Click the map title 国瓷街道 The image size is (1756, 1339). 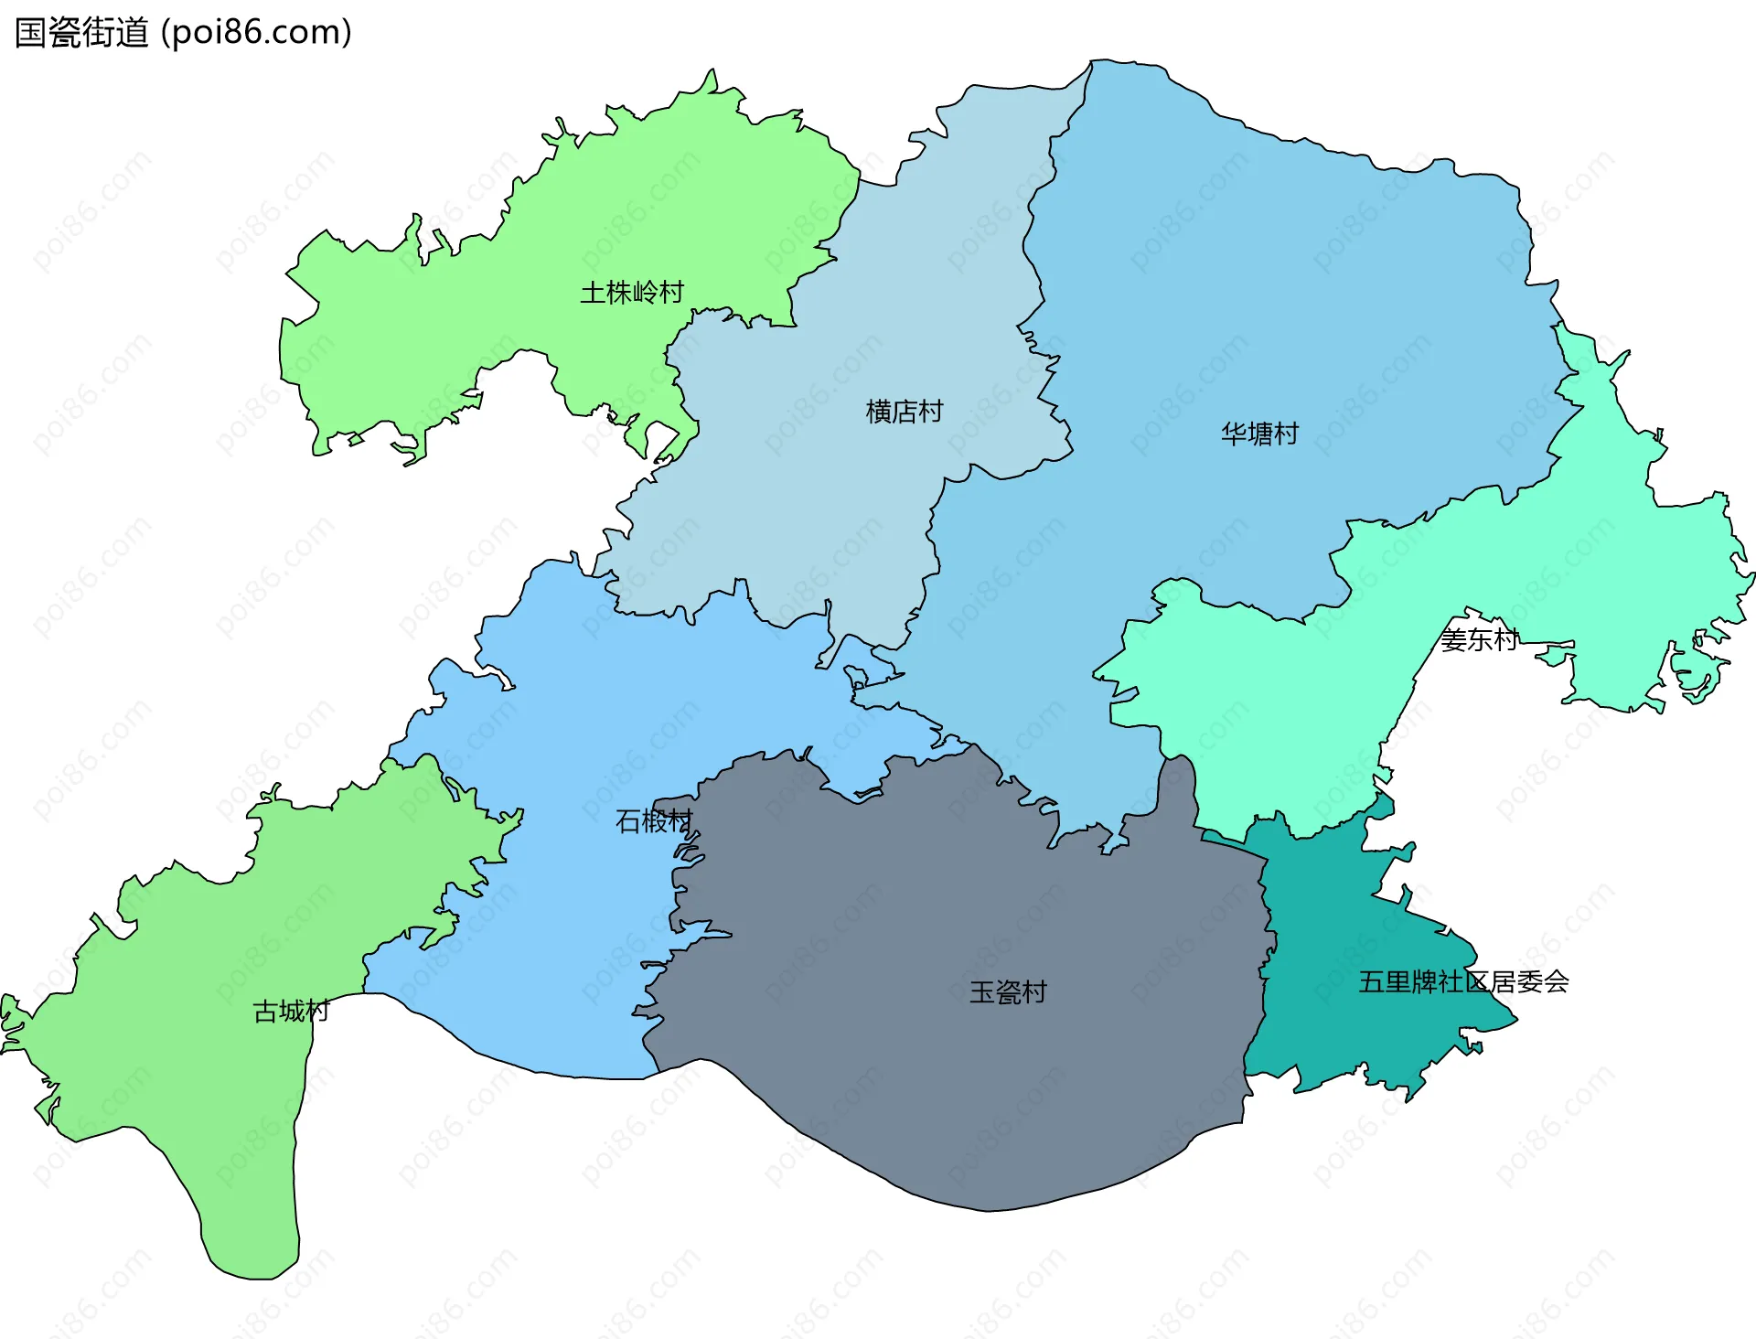click(x=82, y=32)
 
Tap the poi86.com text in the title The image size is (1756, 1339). click(x=256, y=32)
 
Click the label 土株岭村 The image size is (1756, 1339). click(x=632, y=293)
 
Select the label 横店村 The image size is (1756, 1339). click(x=904, y=412)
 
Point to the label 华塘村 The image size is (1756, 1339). click(x=1259, y=434)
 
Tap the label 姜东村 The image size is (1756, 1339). click(x=1479, y=639)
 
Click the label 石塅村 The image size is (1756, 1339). click(x=654, y=821)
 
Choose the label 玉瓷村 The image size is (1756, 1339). click(x=1008, y=992)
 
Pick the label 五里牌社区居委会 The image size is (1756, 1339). click(x=1463, y=982)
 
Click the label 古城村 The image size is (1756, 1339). click(x=291, y=1011)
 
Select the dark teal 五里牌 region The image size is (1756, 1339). click(x=1344, y=1034)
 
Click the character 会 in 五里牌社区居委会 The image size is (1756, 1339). click(x=1557, y=982)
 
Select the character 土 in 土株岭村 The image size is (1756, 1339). click(x=593, y=293)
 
